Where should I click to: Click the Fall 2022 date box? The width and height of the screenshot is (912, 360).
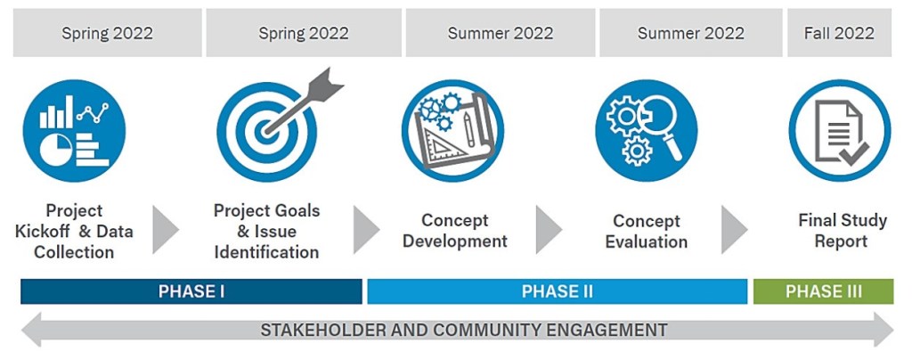tap(839, 33)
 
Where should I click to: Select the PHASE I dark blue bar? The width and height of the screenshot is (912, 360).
tap(191, 291)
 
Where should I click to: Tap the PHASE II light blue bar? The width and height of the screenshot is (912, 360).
tap(558, 291)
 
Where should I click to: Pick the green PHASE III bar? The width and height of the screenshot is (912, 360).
tap(824, 291)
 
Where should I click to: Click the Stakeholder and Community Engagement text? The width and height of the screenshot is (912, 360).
tap(463, 331)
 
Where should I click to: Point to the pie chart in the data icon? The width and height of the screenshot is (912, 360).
tap(56, 150)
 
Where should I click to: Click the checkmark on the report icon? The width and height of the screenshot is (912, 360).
tap(854, 153)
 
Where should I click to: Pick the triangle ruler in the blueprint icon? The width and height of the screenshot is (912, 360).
tap(440, 146)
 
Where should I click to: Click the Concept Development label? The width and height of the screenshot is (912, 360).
tap(455, 230)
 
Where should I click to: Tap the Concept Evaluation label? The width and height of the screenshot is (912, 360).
tap(647, 231)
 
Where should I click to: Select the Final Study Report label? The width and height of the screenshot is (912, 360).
tap(842, 230)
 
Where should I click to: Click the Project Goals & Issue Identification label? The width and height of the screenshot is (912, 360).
tap(266, 231)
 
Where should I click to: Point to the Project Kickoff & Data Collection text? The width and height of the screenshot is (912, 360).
tap(74, 231)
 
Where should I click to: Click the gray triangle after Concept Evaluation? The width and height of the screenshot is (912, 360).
tap(734, 229)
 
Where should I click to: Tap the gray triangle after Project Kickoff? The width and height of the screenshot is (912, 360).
tap(165, 229)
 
